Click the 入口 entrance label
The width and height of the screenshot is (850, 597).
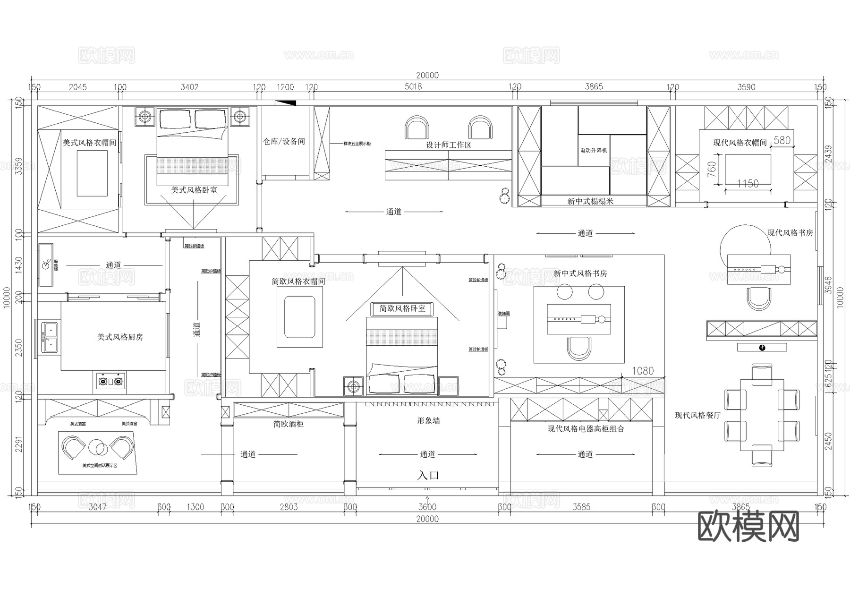(x=428, y=475)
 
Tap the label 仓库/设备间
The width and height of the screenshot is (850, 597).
(x=284, y=141)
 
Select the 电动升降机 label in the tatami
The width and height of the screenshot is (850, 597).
(x=594, y=151)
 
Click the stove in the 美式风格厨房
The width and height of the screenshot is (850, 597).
(x=111, y=381)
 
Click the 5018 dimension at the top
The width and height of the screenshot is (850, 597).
(x=413, y=87)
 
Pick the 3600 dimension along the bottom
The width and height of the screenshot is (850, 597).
(x=427, y=507)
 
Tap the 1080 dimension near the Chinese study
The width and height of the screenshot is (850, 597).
(x=643, y=371)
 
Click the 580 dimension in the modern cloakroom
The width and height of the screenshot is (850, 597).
(x=782, y=140)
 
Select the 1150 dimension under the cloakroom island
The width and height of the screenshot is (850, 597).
(x=748, y=183)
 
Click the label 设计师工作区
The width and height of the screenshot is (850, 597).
(x=449, y=145)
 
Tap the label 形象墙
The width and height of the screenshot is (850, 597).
(x=428, y=421)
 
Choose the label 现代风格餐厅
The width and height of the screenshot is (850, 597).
(x=697, y=415)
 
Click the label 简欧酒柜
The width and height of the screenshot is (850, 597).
(x=288, y=424)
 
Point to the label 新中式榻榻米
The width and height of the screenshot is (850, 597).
(x=590, y=201)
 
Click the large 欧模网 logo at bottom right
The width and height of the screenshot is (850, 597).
(x=748, y=527)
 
